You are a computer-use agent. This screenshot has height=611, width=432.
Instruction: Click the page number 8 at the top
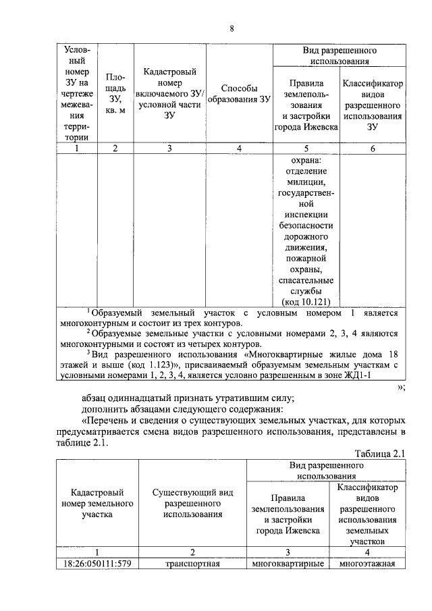[232, 28]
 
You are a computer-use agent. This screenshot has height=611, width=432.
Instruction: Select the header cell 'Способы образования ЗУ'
[239, 94]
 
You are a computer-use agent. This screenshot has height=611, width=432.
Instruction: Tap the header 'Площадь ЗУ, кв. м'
[115, 95]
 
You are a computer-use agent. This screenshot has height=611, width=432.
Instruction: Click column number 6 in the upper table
[372, 149]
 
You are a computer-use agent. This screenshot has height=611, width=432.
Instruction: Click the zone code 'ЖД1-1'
[356, 375]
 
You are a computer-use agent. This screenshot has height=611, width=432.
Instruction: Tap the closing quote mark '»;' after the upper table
[400, 387]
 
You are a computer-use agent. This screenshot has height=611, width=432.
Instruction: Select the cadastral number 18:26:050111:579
[97, 564]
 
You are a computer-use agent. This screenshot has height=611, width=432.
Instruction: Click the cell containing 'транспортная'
[192, 564]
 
